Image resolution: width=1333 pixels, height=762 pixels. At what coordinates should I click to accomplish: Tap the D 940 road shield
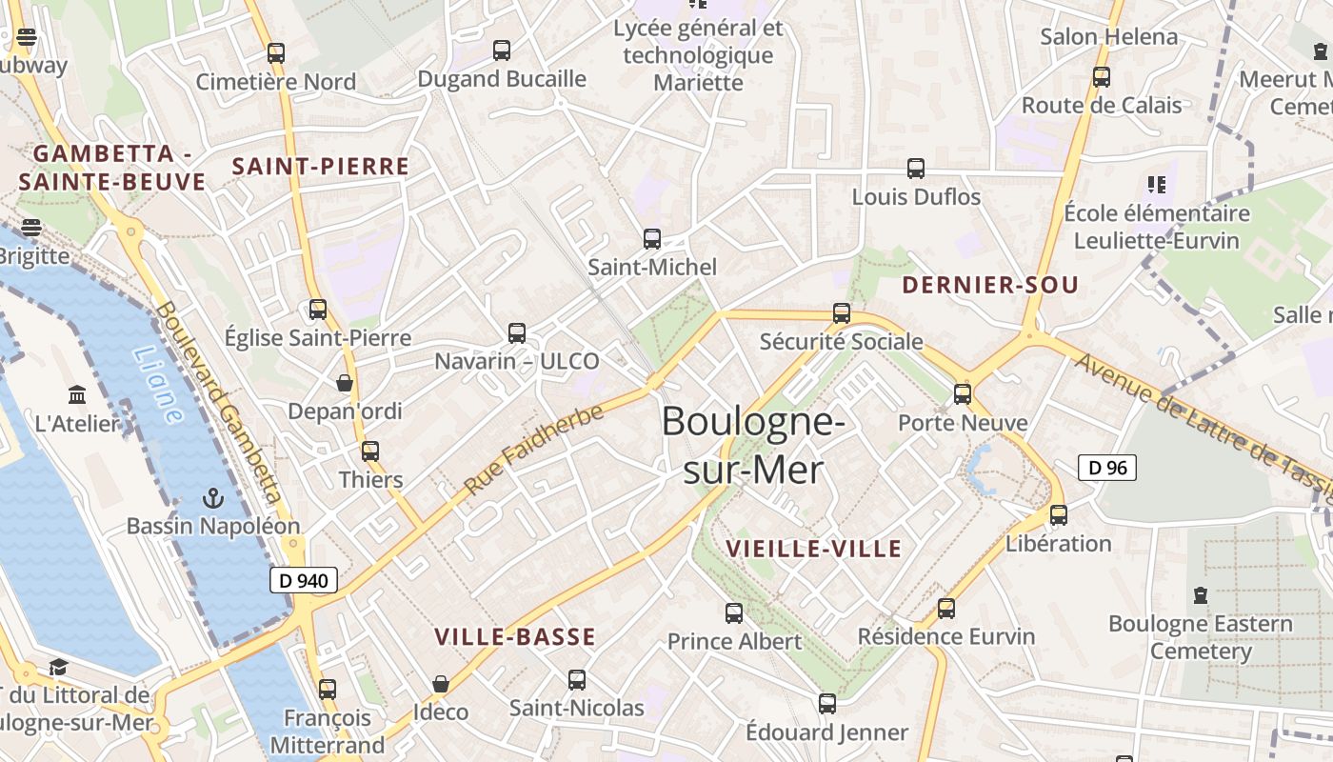point(304,580)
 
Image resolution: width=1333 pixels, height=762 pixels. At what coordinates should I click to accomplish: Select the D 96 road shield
point(1107,468)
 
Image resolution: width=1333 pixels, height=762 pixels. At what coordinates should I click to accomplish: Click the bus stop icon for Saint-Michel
point(652,239)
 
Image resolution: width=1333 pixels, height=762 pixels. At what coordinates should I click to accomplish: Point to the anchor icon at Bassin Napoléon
point(213,498)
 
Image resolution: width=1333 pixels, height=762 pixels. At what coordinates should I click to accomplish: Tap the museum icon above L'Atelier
point(77,394)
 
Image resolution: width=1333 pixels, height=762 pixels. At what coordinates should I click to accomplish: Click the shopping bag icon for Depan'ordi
point(345,383)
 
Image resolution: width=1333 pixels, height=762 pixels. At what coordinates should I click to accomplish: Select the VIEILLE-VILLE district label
point(813,549)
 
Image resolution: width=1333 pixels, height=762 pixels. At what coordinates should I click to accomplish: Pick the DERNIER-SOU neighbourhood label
point(990,285)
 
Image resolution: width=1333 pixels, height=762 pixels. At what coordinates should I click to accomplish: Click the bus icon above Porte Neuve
point(963,394)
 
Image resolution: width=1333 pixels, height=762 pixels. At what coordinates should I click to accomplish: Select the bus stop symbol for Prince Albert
point(734,613)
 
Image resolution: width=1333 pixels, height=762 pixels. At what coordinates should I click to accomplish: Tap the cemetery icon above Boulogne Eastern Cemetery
point(1201,595)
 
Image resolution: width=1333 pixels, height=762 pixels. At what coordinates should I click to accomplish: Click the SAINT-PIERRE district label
point(321,167)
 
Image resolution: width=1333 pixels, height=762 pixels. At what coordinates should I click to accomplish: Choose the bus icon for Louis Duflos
point(916,169)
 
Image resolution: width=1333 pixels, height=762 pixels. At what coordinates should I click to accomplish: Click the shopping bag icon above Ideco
point(441,684)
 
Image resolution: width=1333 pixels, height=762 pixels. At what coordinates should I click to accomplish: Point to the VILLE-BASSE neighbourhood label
point(515,637)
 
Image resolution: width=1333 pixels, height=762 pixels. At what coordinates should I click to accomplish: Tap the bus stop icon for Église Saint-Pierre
point(318,310)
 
